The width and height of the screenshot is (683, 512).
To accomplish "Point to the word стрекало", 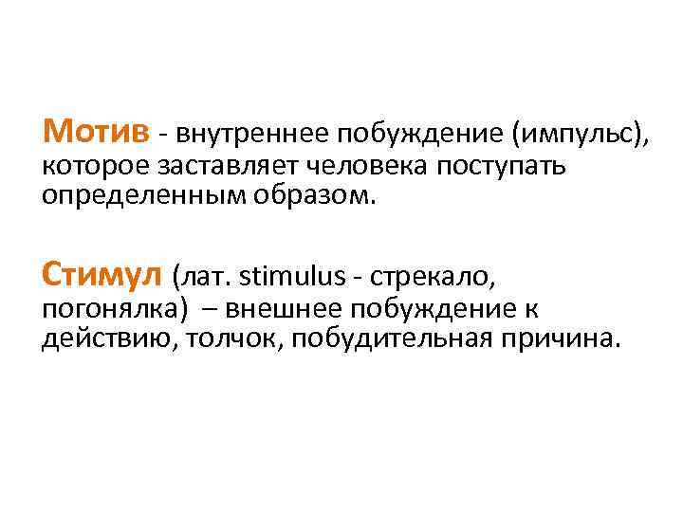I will click(x=433, y=278).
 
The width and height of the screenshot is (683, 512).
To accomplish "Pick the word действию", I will click(x=101, y=339).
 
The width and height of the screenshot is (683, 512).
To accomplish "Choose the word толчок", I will click(x=228, y=339).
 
